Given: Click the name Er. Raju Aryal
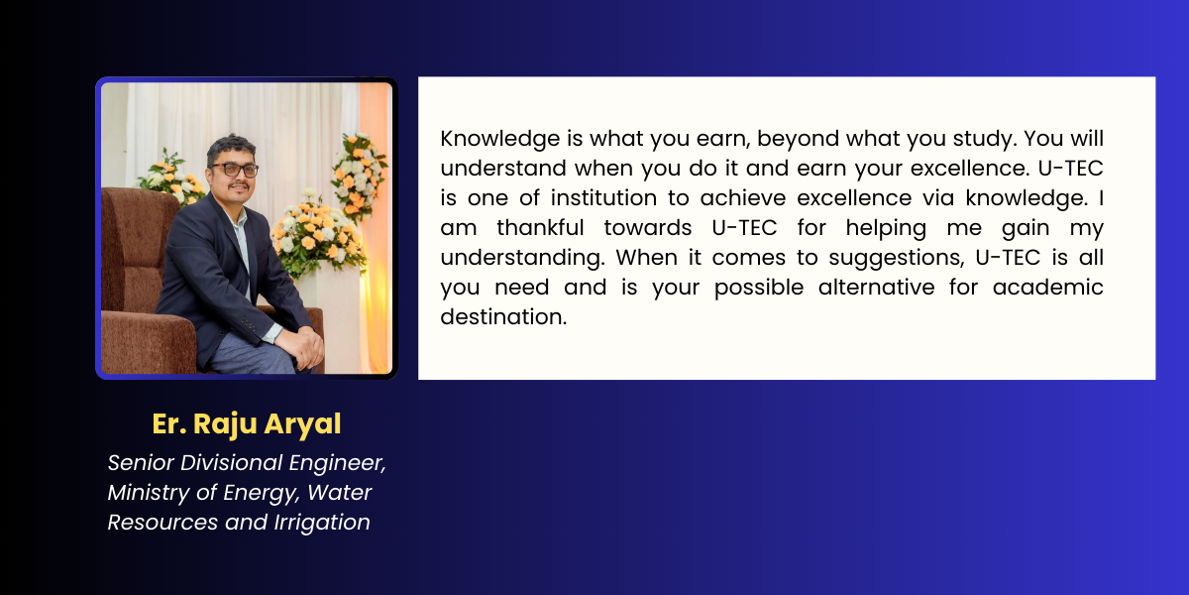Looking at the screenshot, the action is click(247, 424).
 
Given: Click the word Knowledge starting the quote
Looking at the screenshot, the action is click(500, 139).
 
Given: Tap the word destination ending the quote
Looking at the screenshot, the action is click(503, 317).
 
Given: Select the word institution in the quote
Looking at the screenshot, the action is click(603, 198).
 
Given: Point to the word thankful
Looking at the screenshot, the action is click(540, 228).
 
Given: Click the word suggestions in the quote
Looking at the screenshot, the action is click(897, 259).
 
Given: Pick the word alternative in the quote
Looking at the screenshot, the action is click(876, 288).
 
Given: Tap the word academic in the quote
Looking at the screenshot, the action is click(1048, 288).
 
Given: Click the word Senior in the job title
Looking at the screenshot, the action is click(141, 463).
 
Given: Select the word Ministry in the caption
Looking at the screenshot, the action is click(148, 494).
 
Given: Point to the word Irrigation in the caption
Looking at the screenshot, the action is click(322, 524).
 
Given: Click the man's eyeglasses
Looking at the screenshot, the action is click(234, 170).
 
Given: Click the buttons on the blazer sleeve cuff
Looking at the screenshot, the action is click(248, 323).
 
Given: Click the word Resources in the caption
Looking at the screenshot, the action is click(162, 523).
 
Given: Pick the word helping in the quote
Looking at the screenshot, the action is click(886, 229).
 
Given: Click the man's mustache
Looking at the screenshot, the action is click(239, 186).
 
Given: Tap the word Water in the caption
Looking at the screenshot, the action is click(339, 493).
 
